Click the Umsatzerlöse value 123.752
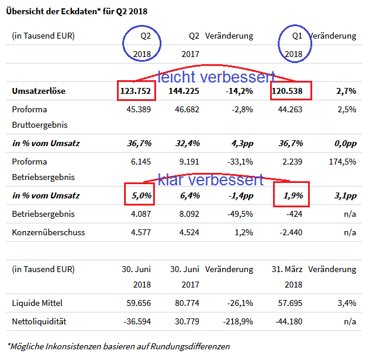point(137,91)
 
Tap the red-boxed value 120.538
point(290,91)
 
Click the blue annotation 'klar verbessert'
point(211,179)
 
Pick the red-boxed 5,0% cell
point(140,195)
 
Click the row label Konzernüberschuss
point(49,232)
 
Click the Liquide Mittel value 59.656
point(137,304)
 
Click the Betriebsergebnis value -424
point(294,214)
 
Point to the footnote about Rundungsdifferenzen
point(118,346)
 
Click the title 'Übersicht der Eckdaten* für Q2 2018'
point(78,11)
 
